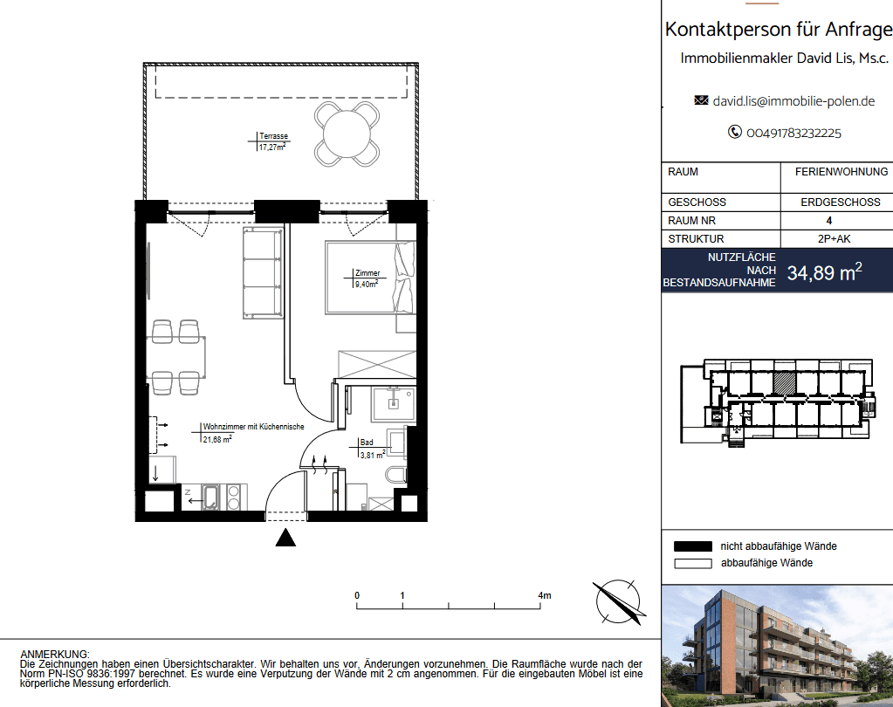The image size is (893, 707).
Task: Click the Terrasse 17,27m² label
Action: pos(273,141)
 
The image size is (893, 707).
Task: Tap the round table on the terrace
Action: pos(347,134)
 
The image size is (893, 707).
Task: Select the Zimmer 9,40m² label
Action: pos(367,278)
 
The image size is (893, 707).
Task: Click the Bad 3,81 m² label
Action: pos(372,449)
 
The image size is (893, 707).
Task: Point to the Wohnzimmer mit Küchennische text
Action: pos(253,426)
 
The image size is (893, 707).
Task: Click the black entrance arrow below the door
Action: pos(285,538)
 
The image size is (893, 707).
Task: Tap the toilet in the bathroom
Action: pos(395,474)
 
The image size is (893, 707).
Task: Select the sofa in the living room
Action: pos(263,272)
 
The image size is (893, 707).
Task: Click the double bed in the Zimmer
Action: pos(370,278)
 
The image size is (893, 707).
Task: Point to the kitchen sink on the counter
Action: pos(210,497)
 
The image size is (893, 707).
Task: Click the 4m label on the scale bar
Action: pos(545,595)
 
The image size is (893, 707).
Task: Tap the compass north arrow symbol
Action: pos(619,602)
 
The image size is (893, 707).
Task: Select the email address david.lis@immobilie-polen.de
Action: pos(793,101)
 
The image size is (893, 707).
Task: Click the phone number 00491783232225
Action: pos(793,134)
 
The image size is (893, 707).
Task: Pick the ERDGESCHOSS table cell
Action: pos(840,202)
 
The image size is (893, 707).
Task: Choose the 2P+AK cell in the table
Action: pos(834,239)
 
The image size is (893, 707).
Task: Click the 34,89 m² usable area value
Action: pos(824,272)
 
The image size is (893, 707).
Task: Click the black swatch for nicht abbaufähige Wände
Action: pos(692,546)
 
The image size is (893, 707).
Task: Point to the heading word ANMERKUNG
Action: pos(55,655)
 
